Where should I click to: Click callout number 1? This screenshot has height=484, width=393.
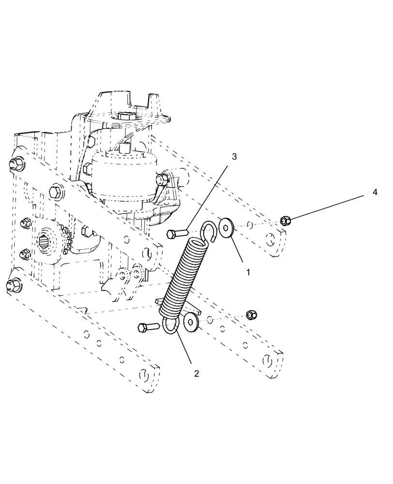coord(248,272)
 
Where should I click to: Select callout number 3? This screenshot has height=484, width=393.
coord(234,157)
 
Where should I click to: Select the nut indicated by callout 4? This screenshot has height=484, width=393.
coord(285,221)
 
